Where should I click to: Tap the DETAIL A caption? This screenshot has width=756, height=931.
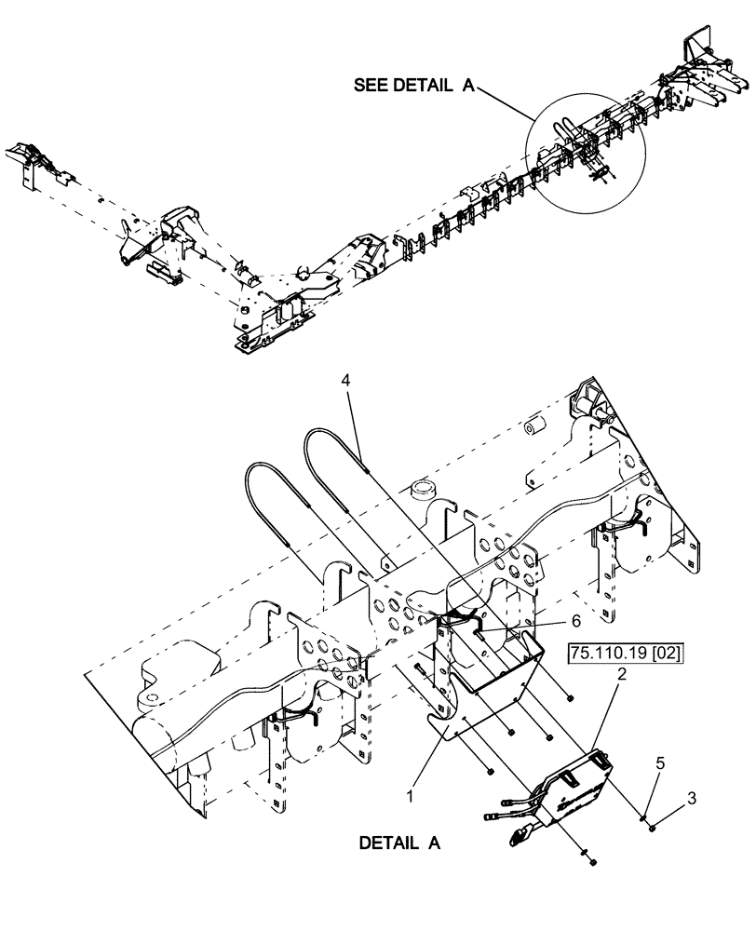pyautogui.click(x=398, y=844)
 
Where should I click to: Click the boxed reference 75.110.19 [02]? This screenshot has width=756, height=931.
pyautogui.click(x=623, y=654)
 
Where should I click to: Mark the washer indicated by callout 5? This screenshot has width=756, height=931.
pyautogui.click(x=642, y=815)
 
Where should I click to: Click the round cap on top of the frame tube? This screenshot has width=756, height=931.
pyautogui.click(x=423, y=488)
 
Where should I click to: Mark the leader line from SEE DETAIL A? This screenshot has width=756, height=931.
pyautogui.click(x=507, y=102)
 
